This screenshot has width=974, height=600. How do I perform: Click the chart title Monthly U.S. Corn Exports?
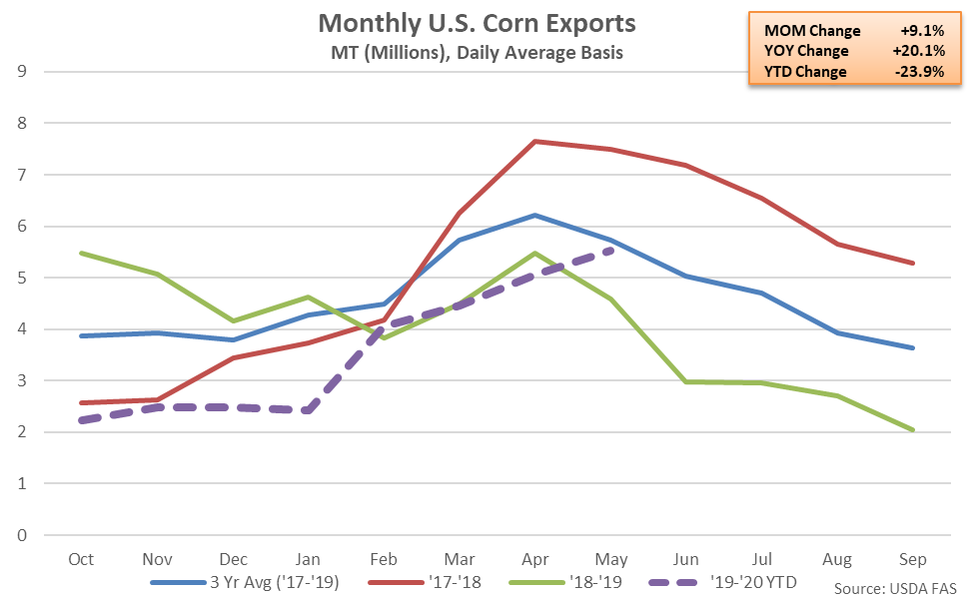[476, 22]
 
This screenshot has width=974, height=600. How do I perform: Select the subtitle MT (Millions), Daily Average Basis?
[476, 52]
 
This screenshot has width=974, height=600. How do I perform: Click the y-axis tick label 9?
[22, 72]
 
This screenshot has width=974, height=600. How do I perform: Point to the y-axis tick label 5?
[22, 278]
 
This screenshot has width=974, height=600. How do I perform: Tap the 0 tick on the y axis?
[22, 535]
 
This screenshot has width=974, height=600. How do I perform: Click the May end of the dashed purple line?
[610, 250]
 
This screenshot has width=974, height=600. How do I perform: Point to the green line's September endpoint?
[914, 430]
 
